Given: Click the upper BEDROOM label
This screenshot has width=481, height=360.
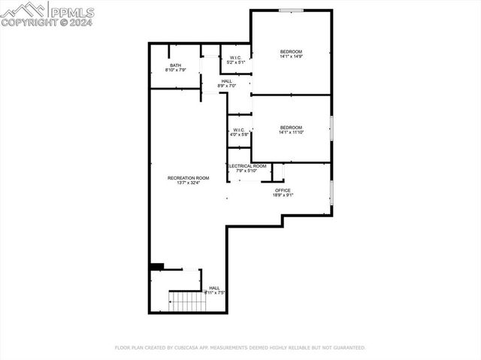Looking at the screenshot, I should (x=291, y=51).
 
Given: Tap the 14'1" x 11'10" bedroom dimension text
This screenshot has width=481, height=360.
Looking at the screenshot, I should (x=291, y=132).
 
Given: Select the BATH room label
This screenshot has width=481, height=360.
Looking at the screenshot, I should (x=175, y=65).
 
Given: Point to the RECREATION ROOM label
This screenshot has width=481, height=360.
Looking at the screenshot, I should (x=188, y=177).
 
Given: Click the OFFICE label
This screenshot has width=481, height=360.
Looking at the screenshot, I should (x=283, y=190).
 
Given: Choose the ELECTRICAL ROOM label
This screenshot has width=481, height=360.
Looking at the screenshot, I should (x=247, y=166).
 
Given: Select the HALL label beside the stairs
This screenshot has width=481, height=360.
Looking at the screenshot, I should (x=214, y=288).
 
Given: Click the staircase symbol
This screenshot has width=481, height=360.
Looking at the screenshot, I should (x=187, y=301).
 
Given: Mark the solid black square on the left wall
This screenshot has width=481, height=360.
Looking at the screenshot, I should (x=156, y=266).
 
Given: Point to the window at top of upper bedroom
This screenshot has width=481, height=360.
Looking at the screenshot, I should (x=291, y=10).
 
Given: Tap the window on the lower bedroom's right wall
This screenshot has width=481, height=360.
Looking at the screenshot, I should (x=331, y=129).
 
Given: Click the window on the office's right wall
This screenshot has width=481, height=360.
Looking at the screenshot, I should (x=331, y=192).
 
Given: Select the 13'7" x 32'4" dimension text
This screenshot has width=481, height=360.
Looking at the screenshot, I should (x=188, y=183).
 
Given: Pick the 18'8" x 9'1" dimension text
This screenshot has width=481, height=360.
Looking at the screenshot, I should (x=283, y=195).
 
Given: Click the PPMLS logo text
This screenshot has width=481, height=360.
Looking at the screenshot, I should (x=72, y=11).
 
